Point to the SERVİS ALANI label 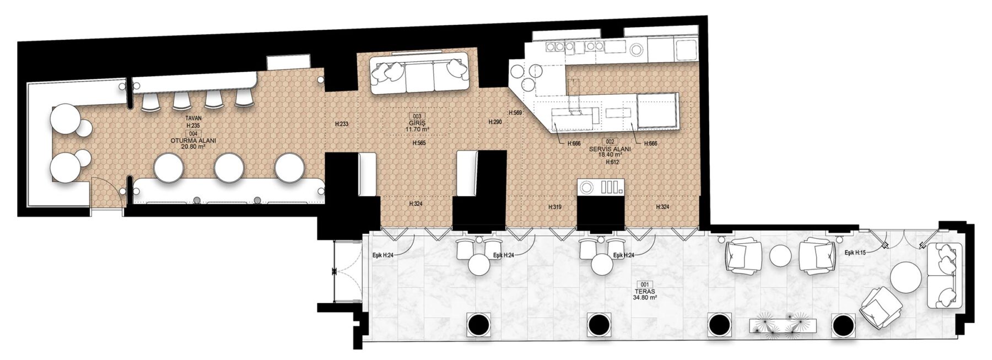coord(610,149)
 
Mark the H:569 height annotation coord(515,112)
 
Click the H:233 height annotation coord(342,124)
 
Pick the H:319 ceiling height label coord(555,207)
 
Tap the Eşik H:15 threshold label coord(856,252)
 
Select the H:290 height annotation coord(495,121)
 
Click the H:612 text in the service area coord(611,162)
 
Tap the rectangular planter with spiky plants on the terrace coord(781,325)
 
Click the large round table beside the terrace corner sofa coord(907,279)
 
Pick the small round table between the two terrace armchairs coord(780,256)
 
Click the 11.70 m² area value coord(417,130)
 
